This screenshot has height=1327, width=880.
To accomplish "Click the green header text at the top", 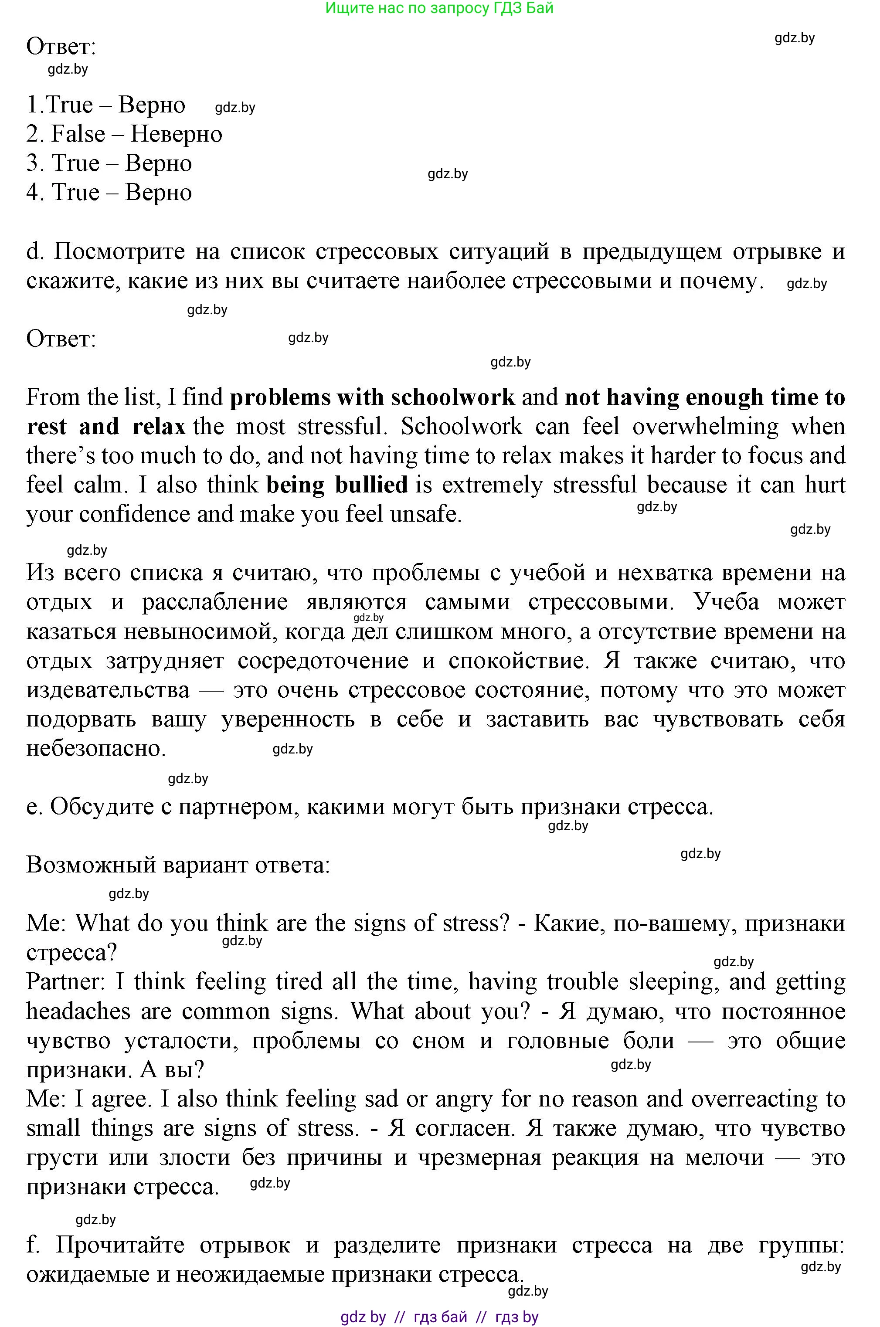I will tap(439, 8).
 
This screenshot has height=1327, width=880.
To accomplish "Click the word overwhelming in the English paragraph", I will tap(706, 427).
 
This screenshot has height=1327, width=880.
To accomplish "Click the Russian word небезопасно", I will tap(95, 749).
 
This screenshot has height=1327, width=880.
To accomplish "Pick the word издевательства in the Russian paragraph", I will tap(108, 690).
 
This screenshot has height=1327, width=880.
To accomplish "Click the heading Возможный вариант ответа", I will tap(178, 865).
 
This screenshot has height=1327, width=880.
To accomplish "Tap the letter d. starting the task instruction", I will tap(34, 251).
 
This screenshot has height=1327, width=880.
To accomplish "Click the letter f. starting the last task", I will tap(33, 1245).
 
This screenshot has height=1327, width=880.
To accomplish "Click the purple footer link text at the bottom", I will tap(439, 1317).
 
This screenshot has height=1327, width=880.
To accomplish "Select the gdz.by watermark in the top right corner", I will tap(794, 38).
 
